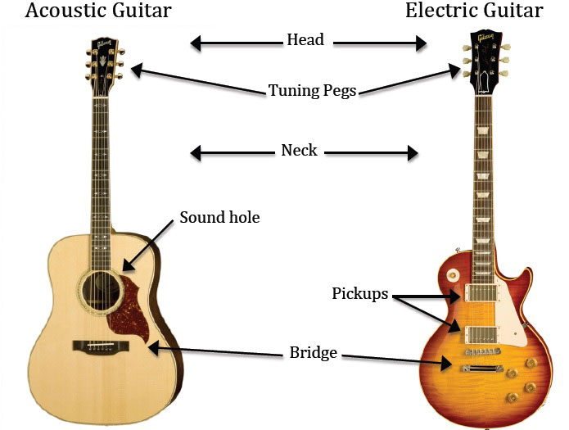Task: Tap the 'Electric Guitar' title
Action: click(x=474, y=11)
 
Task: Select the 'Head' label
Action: click(x=305, y=39)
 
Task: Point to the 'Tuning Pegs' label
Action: click(x=313, y=90)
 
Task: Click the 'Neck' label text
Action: click(x=299, y=151)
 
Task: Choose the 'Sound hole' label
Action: click(x=219, y=218)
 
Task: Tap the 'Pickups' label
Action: click(x=360, y=293)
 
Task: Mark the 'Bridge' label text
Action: click(x=314, y=353)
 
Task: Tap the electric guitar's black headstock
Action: click(x=482, y=61)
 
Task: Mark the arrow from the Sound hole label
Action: click(x=147, y=244)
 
